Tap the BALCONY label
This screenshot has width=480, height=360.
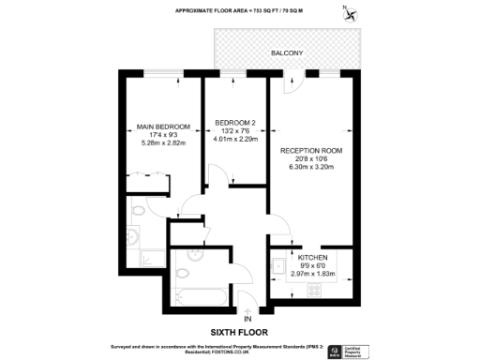287,53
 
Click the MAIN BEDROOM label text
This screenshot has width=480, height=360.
163,127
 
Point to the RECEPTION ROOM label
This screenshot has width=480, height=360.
311,150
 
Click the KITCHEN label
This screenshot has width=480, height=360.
313,256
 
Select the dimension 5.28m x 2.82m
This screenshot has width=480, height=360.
163,143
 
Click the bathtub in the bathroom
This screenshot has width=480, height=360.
200,295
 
